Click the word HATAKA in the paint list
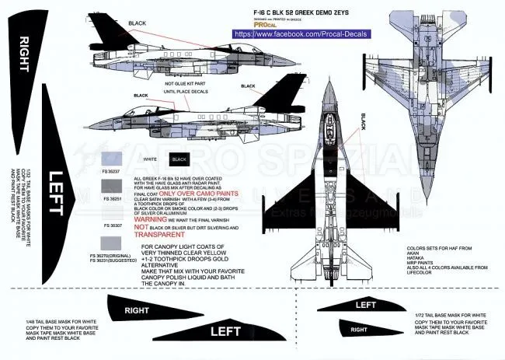[x=420, y=258]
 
